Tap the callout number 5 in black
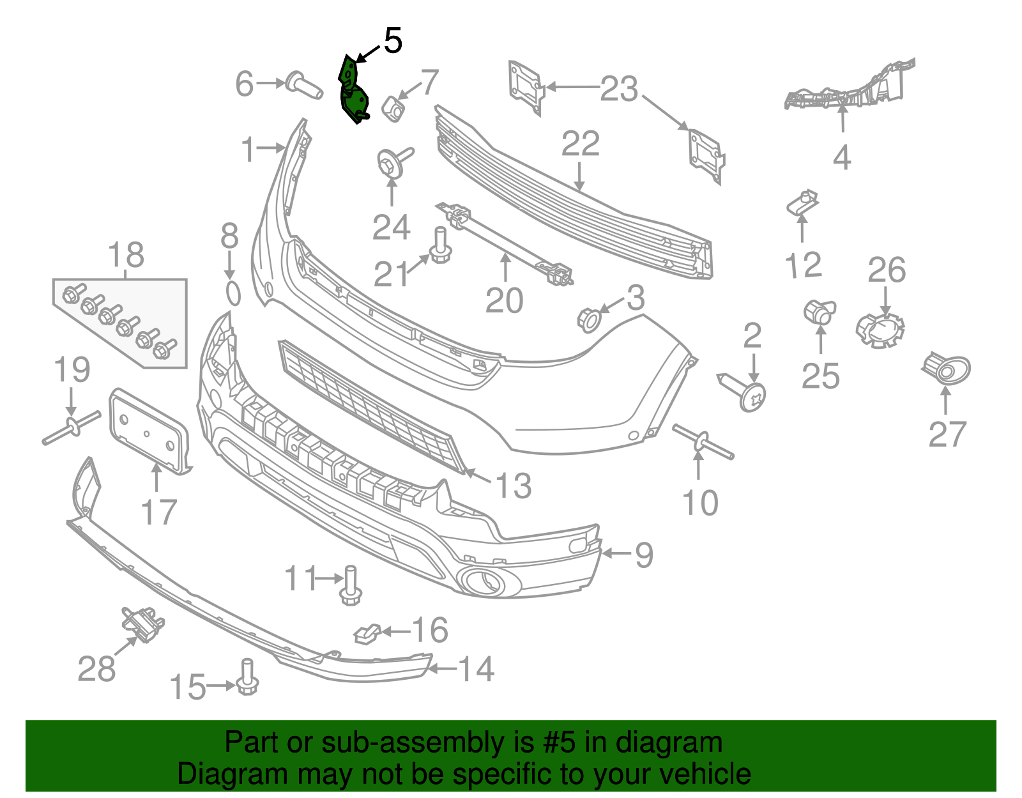pos(393,41)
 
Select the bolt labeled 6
pos(303,84)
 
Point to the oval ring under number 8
pos(233,294)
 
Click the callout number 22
pos(580,144)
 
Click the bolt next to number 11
pos(350,586)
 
